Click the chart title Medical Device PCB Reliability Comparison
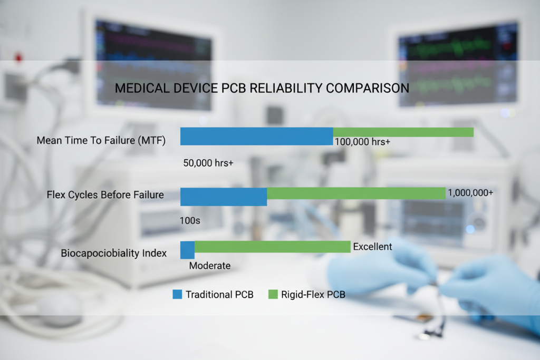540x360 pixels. [262, 88]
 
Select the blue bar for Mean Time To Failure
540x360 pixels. [256, 136]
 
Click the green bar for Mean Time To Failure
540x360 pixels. [403, 132]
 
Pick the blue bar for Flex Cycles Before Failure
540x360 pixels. [224, 196]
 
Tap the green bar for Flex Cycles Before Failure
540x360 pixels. [356, 193]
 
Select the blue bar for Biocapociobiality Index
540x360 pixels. [187, 250]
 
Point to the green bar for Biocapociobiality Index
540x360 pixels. [273, 247]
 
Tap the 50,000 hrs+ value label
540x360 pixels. [208, 163]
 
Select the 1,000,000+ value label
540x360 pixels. [470, 193]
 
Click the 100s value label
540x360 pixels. [190, 220]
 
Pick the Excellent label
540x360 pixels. [373, 246]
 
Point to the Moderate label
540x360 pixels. [210, 266]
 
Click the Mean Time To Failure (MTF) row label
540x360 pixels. [101, 141]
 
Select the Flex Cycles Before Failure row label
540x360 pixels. [105, 195]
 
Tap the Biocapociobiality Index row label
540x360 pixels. [113, 253]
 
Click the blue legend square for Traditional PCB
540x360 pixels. [177, 294]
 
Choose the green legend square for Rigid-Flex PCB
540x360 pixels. [273, 294]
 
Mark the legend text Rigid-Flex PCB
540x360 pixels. [314, 295]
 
